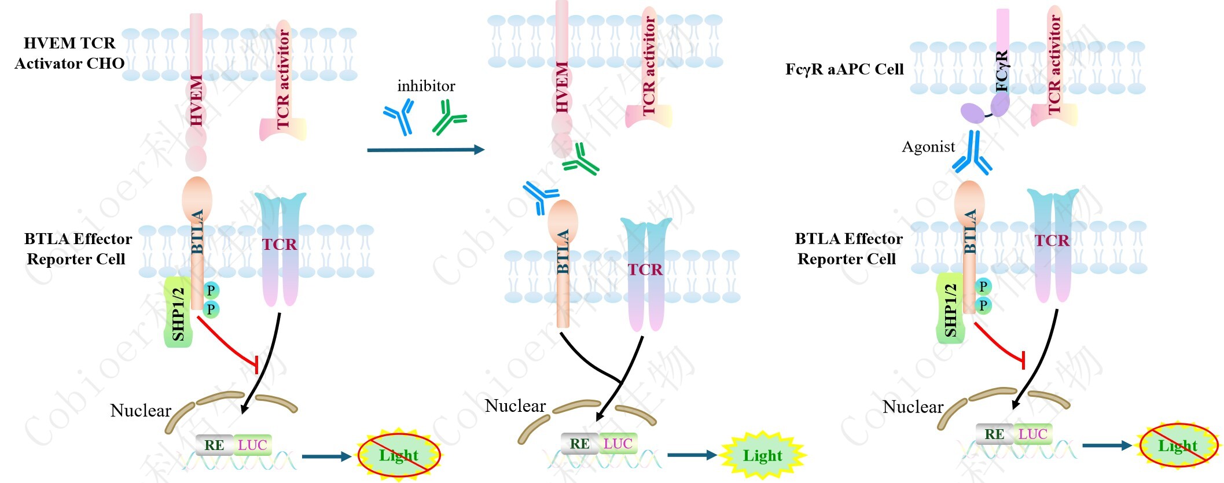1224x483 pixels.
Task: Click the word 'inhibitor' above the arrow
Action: tap(426, 86)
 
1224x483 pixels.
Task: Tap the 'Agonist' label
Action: tap(928, 147)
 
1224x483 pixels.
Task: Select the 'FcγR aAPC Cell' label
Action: tap(844, 69)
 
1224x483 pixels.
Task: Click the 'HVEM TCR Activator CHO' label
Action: tap(69, 53)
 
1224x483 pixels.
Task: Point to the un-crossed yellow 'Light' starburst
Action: tap(763, 455)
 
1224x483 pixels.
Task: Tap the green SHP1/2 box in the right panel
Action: tap(950, 309)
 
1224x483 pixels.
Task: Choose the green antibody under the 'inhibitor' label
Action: tap(449, 117)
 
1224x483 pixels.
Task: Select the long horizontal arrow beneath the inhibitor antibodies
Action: tap(425, 150)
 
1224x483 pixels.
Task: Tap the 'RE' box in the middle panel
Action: tap(579, 444)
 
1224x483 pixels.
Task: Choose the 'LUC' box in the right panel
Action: tap(1032, 434)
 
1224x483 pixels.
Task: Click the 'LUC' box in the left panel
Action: tap(252, 445)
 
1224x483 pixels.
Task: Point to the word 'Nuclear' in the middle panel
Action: tap(515, 406)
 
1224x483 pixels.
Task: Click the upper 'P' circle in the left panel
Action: tap(211, 290)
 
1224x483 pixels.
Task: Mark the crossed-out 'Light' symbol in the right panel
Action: tap(1178, 445)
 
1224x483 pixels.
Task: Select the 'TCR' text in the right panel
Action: tap(1052, 240)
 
